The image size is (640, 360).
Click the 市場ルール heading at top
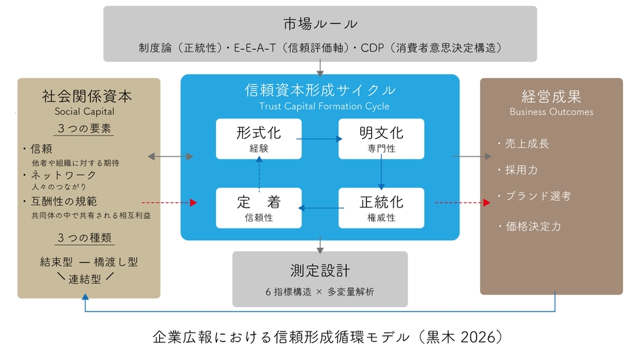320,24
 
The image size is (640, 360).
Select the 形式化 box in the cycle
258,139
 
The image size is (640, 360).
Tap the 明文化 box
381,139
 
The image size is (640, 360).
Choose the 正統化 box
381,208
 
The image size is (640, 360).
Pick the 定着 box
258,208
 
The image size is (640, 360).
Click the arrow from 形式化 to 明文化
319,139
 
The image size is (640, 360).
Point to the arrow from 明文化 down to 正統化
381,173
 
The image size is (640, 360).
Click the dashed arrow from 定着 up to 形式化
259,173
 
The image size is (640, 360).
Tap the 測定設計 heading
320,270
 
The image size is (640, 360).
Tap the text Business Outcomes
551,112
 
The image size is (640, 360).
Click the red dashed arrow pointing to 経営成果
462,203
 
